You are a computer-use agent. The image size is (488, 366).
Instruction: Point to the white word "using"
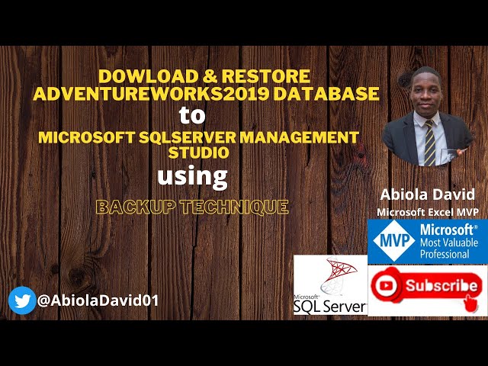192,177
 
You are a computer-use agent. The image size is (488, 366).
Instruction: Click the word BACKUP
130,207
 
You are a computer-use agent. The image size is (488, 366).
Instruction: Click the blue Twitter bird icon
22,300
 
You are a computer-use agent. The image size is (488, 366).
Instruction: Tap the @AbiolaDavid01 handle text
98,300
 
